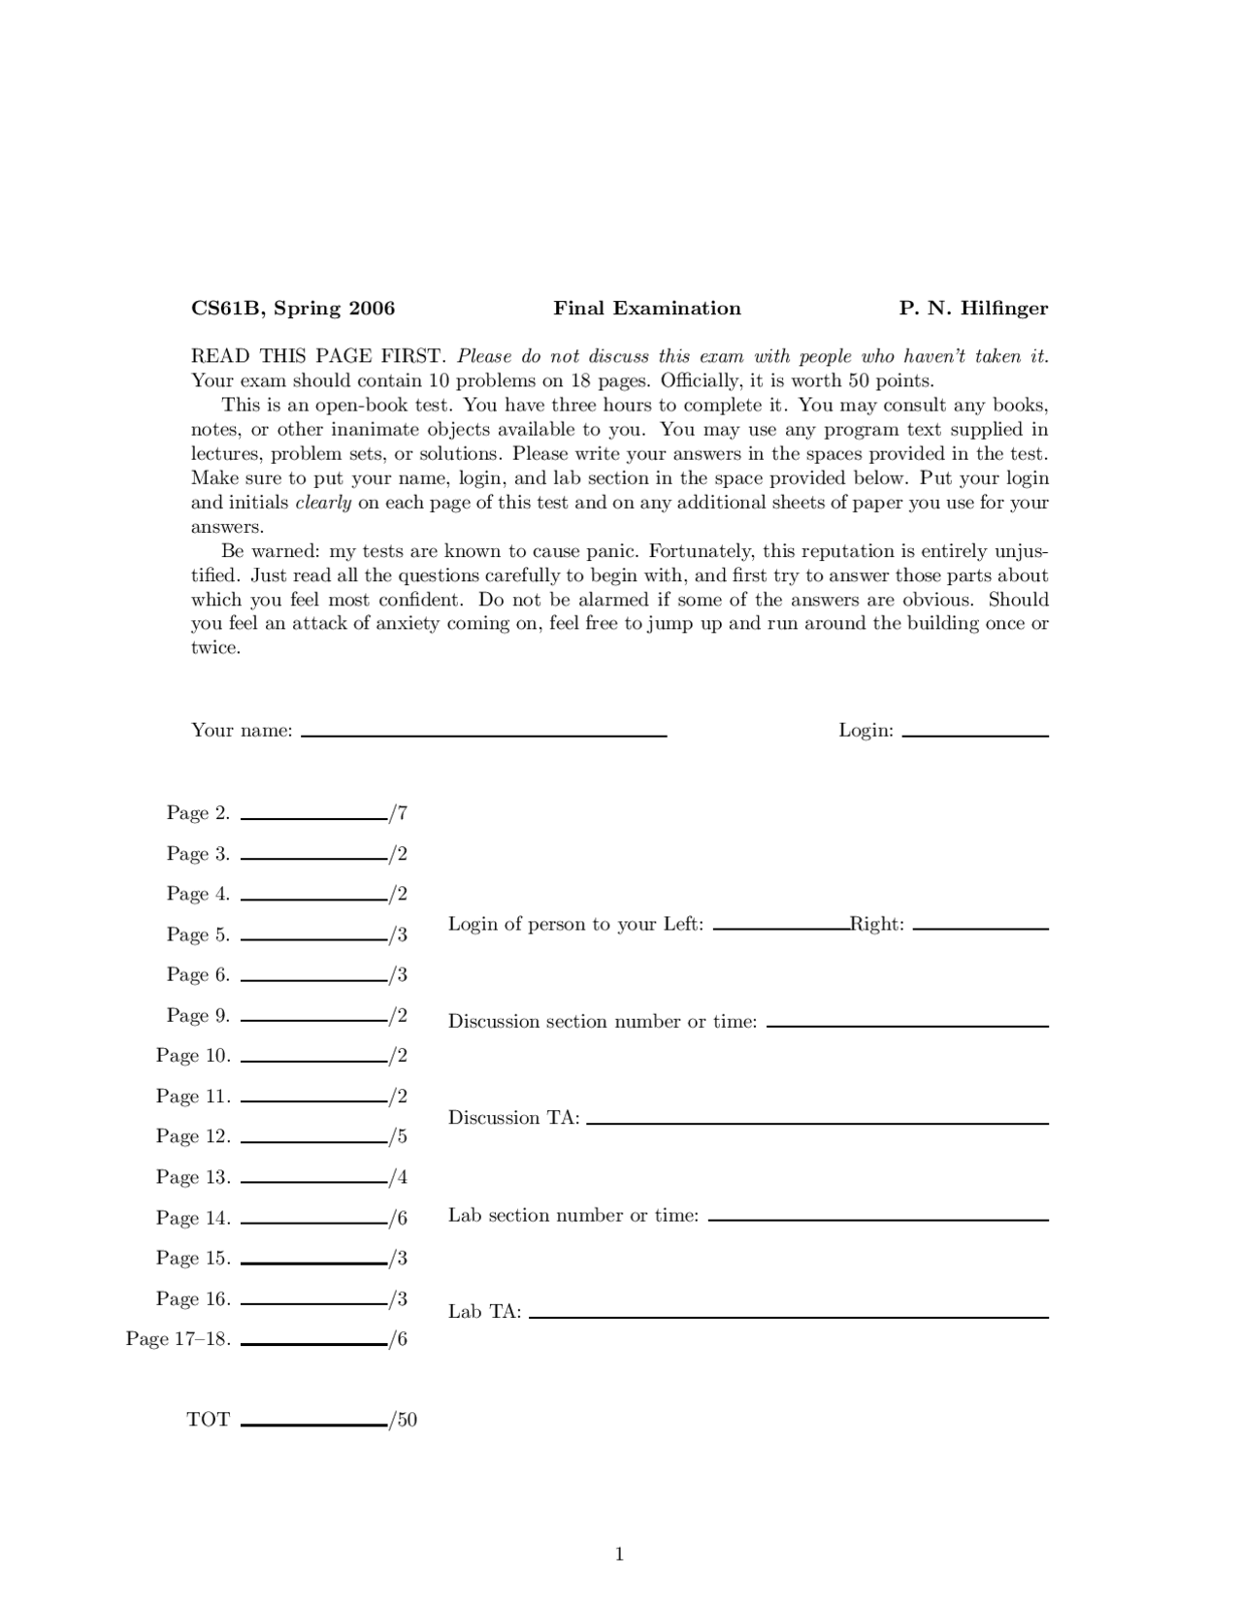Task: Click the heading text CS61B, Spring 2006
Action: [293, 309]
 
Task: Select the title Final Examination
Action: [647, 309]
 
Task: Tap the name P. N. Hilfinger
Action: [973, 309]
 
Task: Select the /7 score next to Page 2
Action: [399, 813]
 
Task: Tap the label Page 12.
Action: [193, 1136]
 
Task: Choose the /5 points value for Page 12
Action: [399, 1136]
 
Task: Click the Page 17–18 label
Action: [179, 1339]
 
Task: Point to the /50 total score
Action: [404, 1420]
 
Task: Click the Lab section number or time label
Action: [573, 1215]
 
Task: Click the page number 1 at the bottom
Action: [619, 1555]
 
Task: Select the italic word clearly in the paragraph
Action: [323, 503]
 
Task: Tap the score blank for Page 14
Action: [313, 1223]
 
